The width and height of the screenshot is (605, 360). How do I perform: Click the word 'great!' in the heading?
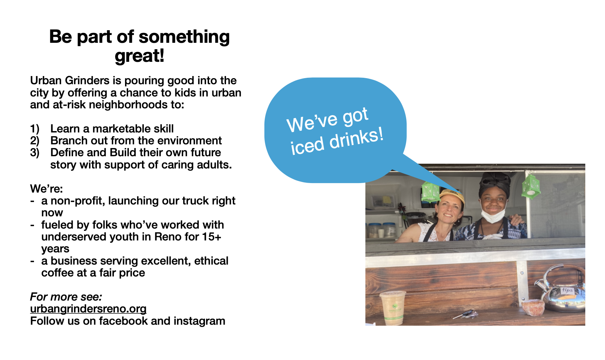point(140,56)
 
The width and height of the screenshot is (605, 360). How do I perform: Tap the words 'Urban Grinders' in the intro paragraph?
point(70,80)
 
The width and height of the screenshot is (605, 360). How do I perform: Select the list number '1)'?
point(35,129)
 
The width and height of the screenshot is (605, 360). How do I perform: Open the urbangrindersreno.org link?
point(88,309)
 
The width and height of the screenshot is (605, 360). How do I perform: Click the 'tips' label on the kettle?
point(567,290)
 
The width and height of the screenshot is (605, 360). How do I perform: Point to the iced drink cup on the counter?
point(393,307)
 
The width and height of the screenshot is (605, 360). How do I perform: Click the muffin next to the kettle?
point(533,307)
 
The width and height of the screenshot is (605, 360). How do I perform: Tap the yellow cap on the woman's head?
point(452,196)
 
